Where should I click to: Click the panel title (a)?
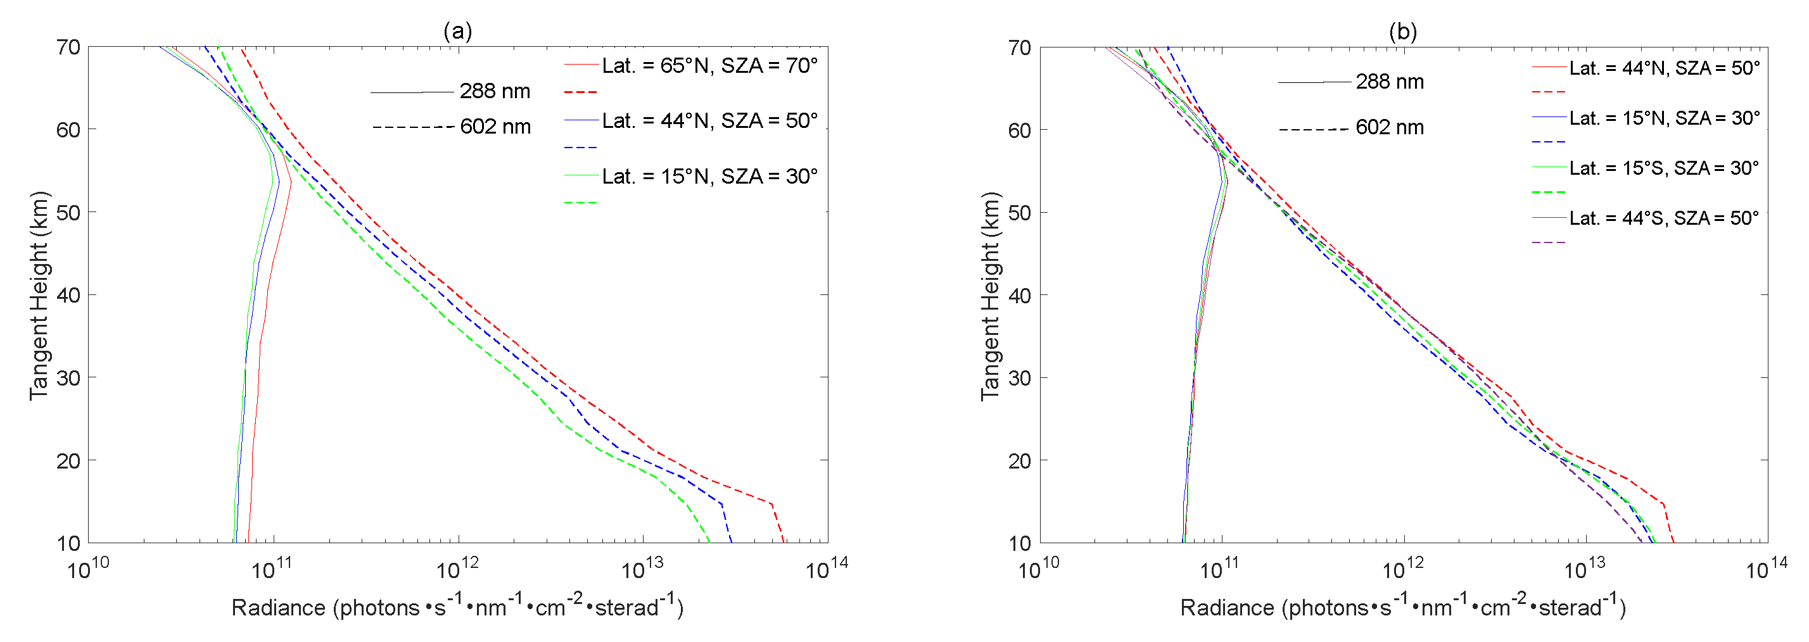click(x=457, y=31)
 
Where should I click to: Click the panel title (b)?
click(x=1402, y=32)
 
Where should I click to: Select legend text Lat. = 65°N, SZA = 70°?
click(x=709, y=66)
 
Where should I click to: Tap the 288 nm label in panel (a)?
click(x=495, y=91)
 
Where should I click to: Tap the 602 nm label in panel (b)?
click(x=1389, y=128)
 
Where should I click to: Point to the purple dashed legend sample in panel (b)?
click(x=1549, y=242)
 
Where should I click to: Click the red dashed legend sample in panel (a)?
click(x=580, y=92)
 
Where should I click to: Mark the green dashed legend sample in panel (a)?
click(x=580, y=203)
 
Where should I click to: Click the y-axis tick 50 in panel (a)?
click(x=68, y=213)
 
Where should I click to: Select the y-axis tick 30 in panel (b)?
click(x=1019, y=378)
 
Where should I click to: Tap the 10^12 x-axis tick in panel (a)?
click(x=458, y=569)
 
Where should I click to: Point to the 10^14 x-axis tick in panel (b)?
click(x=1765, y=569)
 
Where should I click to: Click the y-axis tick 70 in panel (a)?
click(x=68, y=47)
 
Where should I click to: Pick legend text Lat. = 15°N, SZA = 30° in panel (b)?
click(x=1665, y=118)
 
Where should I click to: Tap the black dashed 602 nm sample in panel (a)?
click(x=413, y=127)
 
